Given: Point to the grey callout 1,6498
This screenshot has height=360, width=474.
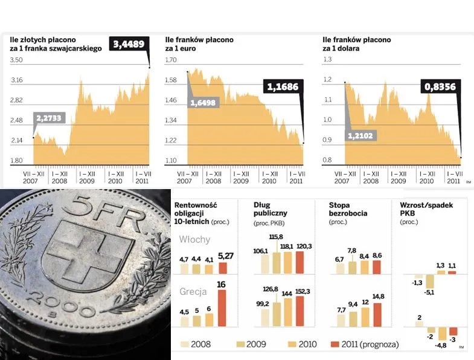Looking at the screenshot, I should click(202, 102).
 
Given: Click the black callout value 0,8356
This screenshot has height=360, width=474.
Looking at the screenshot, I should click(440, 86).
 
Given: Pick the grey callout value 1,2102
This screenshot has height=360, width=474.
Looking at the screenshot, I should click(361, 135).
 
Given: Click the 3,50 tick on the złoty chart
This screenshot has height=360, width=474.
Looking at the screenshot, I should click(16, 60).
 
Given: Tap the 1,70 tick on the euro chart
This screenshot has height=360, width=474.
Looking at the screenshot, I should click(172, 60).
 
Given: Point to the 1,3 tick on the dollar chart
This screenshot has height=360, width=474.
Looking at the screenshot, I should click(328, 60).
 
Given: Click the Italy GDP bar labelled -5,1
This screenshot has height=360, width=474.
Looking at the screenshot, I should click(430, 281).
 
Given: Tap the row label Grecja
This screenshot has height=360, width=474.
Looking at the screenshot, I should click(193, 291).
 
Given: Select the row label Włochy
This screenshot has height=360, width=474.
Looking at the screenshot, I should click(194, 239).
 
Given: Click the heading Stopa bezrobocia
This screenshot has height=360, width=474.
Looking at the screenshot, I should click(348, 209).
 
